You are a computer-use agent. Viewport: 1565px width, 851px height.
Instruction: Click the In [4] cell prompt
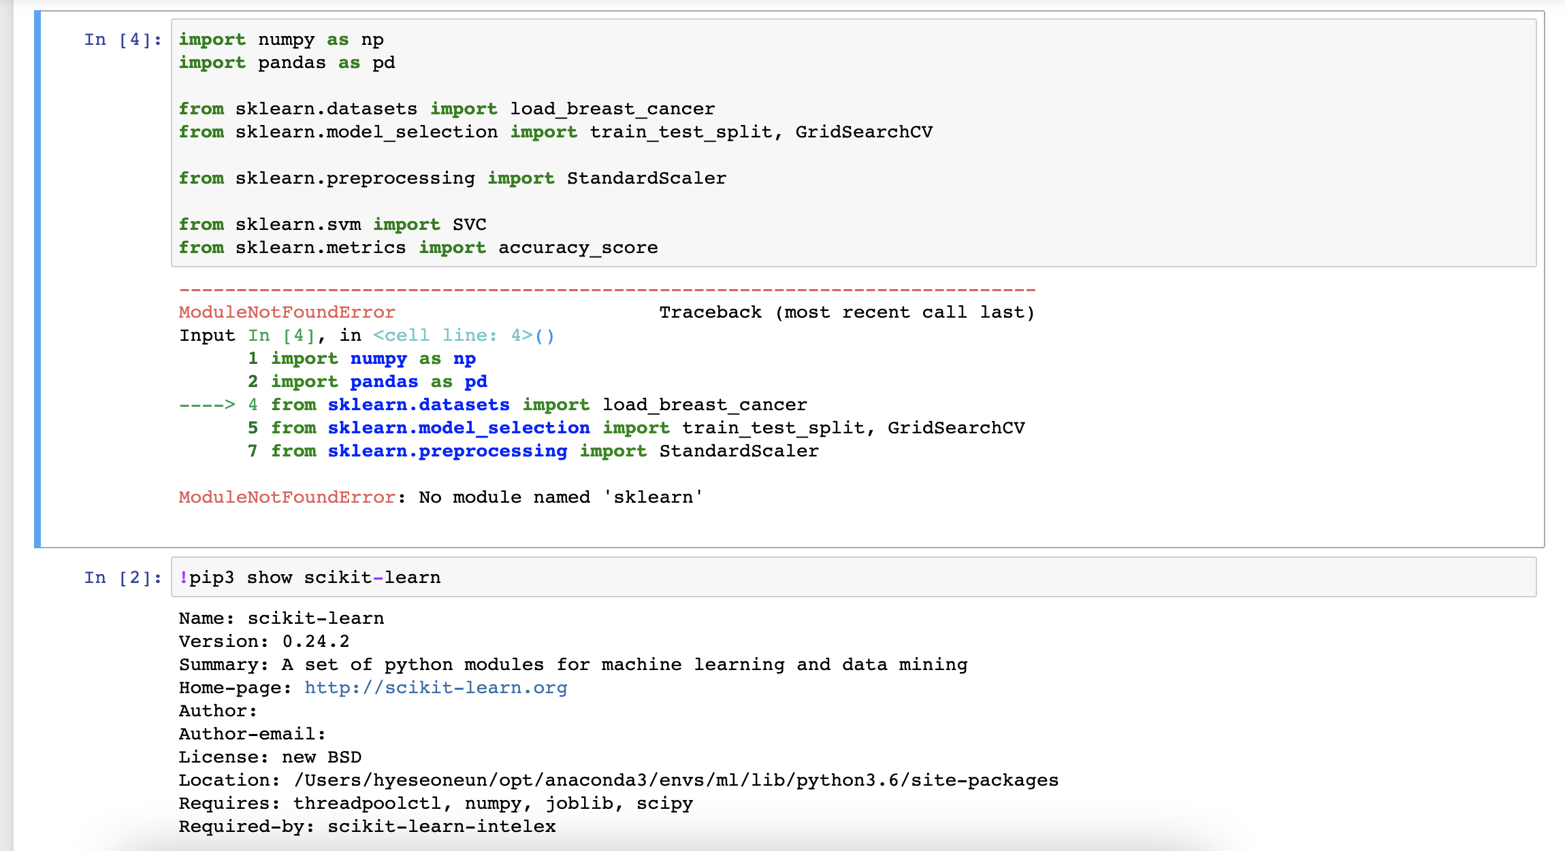123,39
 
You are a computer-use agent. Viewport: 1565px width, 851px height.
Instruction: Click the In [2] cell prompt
123,578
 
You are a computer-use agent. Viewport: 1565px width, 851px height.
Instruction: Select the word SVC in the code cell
469,224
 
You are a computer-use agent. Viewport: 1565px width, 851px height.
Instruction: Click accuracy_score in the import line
578,248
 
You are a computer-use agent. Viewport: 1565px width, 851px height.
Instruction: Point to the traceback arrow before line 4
207,405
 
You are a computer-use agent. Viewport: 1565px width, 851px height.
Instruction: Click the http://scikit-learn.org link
436,688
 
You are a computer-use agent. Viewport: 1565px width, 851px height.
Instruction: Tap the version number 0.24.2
316,641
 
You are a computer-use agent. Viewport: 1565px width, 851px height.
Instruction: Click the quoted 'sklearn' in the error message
654,497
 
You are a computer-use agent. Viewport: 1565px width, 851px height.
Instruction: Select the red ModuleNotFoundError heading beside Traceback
287,312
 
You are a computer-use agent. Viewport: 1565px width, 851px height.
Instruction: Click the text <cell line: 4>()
464,335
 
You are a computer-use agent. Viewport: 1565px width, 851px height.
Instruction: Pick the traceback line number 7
253,451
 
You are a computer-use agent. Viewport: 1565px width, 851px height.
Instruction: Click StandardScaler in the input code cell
646,178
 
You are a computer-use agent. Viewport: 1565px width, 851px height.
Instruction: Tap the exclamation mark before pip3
183,578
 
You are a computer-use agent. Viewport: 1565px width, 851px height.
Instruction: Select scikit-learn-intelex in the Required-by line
442,827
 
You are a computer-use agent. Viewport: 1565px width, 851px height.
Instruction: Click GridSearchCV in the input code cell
864,132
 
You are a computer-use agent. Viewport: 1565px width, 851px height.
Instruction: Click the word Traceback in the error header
710,312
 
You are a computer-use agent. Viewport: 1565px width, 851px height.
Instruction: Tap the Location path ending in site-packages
676,780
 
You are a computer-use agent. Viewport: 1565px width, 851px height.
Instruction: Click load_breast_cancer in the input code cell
613,109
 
